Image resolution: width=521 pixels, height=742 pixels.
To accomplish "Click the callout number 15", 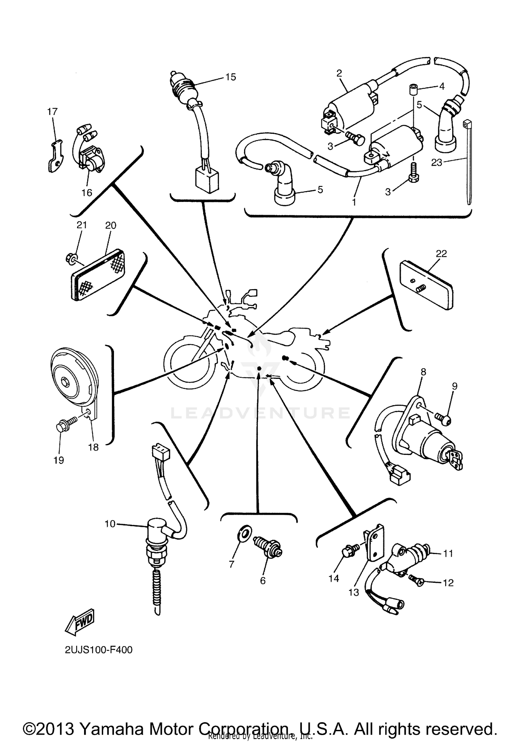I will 230,77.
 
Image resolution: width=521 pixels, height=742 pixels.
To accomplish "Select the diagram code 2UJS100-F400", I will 99,650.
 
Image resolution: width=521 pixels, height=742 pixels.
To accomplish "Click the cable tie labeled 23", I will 467,163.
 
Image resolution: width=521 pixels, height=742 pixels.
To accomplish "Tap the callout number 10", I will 110,524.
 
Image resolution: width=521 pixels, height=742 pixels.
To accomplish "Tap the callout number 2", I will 339,73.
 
